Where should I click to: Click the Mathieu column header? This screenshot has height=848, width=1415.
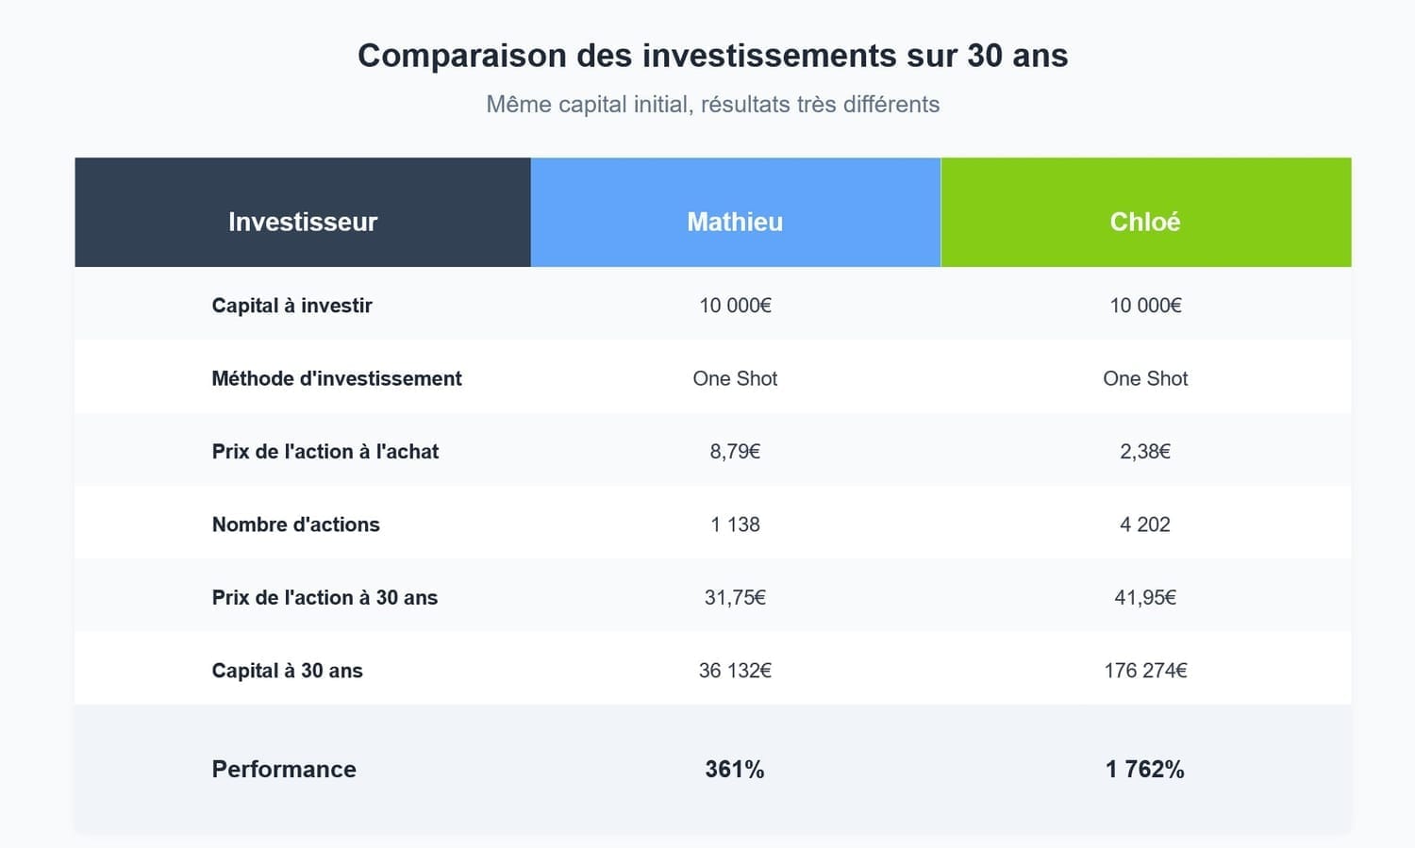click(735, 222)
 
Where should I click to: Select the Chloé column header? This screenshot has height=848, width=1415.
click(1145, 222)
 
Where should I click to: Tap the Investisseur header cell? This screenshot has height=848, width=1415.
click(303, 222)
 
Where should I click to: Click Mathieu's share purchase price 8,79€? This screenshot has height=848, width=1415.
click(735, 451)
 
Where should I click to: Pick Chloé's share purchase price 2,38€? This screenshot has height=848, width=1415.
click(1145, 451)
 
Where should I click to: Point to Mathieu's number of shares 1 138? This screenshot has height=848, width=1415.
click(735, 524)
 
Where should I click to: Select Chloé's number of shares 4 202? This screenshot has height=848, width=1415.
click(1145, 524)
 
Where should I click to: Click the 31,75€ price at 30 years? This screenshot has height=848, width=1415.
click(735, 597)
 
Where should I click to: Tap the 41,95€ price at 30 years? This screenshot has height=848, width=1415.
click(1145, 597)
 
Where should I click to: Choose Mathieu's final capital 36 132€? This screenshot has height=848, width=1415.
click(735, 671)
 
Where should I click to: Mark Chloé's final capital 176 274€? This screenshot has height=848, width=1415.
click(1145, 671)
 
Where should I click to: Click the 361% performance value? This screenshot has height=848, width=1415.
click(735, 769)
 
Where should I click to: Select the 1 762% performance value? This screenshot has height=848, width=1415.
click(1145, 769)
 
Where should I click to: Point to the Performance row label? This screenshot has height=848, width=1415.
click(284, 769)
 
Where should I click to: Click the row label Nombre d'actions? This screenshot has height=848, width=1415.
click(295, 524)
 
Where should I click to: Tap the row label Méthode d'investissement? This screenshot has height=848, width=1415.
click(337, 378)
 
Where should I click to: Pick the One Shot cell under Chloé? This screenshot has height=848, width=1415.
click(1145, 378)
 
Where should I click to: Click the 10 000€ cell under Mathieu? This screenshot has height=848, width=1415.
click(735, 306)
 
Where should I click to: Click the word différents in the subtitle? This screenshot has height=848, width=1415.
click(891, 105)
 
